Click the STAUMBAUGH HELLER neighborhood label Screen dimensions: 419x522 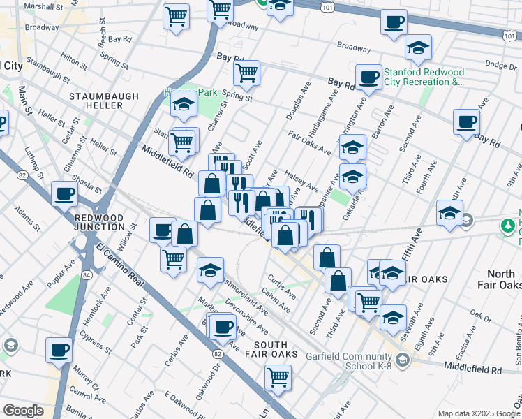click(96, 99)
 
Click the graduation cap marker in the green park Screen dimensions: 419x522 click(184, 105)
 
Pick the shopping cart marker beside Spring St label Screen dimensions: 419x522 click(246, 72)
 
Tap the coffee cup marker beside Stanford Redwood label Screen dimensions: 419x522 click(368, 77)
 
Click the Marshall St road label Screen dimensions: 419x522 click(43, 6)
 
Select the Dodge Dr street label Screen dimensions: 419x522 click(500, 65)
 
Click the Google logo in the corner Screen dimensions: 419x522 click(23, 411)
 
